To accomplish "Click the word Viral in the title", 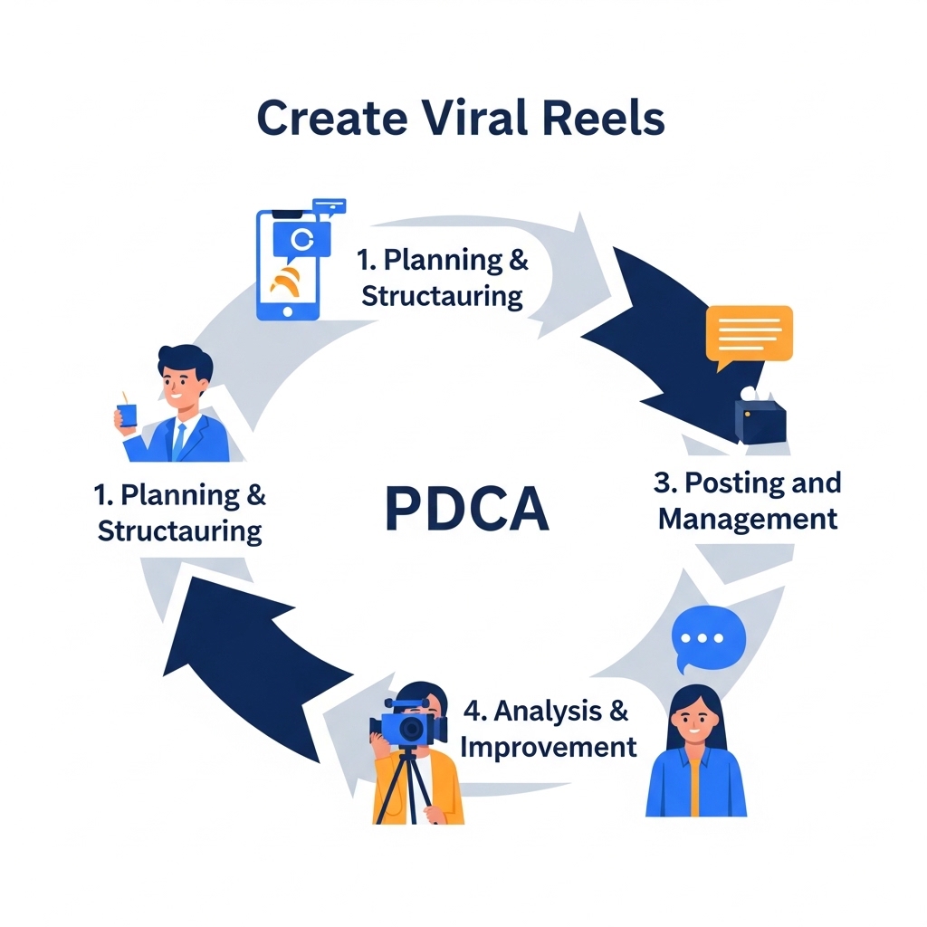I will [x=462, y=119].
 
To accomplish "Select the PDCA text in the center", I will [x=466, y=510].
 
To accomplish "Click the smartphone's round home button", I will [x=289, y=310].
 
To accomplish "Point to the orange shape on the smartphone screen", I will [x=288, y=282].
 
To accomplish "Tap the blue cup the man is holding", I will [x=127, y=415].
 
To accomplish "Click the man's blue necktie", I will [x=179, y=440].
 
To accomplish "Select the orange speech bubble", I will [x=748, y=334].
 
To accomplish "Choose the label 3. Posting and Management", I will [x=747, y=501].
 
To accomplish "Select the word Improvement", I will [x=549, y=747].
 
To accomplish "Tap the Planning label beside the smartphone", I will [x=443, y=277].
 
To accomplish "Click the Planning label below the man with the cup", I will [x=180, y=512].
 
